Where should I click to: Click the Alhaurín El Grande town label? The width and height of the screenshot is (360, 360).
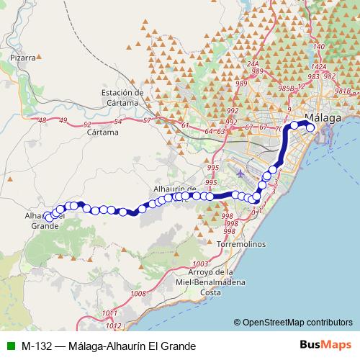click(x=45, y=220)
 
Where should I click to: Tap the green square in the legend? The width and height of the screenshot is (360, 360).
click(x=9, y=346)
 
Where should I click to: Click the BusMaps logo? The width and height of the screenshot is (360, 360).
click(x=327, y=346)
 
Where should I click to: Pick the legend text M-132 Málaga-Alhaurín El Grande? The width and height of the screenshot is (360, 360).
click(x=109, y=346)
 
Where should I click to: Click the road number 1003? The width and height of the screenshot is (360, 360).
click(x=201, y=264)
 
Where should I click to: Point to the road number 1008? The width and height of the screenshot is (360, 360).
click(x=139, y=293)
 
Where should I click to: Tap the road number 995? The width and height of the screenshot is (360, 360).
click(x=212, y=168)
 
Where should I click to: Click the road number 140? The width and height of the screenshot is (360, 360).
click(x=319, y=47)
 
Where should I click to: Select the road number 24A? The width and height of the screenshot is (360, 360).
click(x=253, y=64)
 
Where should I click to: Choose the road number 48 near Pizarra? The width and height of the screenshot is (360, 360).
click(x=42, y=120)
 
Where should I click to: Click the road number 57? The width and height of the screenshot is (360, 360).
click(x=147, y=120)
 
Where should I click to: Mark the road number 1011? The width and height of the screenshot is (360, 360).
click(x=109, y=312)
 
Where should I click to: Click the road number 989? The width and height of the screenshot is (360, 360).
click(x=240, y=84)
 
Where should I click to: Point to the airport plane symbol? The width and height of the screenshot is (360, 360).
click(x=240, y=173)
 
